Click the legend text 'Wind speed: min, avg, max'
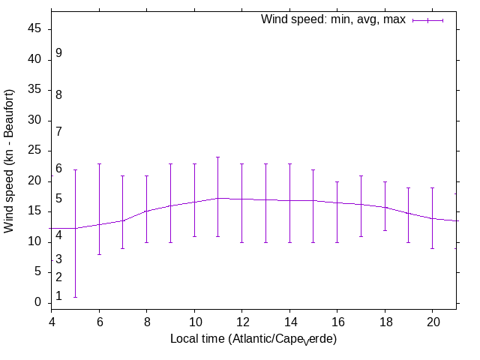click(x=333, y=19)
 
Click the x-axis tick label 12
click(x=241, y=320)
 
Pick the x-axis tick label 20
click(x=433, y=320)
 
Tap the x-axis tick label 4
click(x=51, y=320)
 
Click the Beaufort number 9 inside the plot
click(x=58, y=53)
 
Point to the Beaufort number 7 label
click(x=58, y=132)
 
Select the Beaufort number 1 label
click(x=58, y=296)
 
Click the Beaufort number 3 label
click(x=58, y=259)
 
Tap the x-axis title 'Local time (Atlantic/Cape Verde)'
click(x=253, y=339)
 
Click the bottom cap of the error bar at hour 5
click(x=75, y=297)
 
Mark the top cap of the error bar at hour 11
click(x=218, y=157)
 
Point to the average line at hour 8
click(x=146, y=211)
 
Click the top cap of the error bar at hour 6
click(x=99, y=163)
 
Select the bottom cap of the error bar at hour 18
click(x=385, y=230)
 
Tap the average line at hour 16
click(x=337, y=202)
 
